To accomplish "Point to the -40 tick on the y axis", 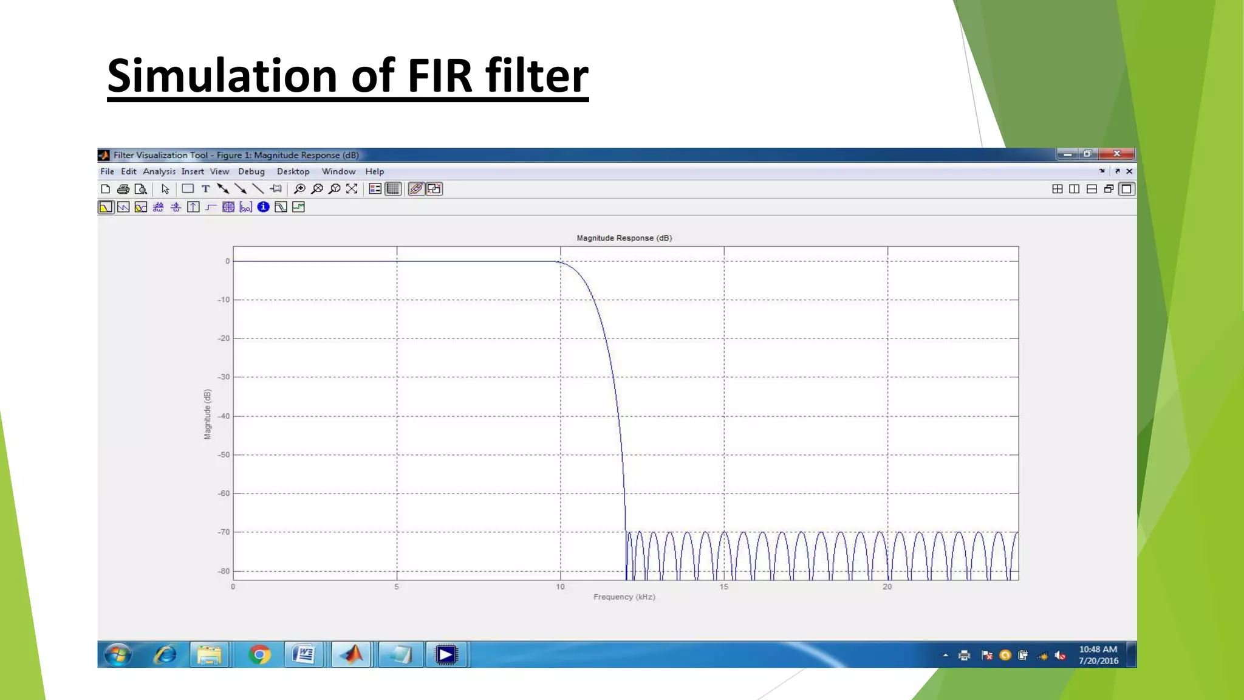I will [x=225, y=416].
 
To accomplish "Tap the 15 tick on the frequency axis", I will [x=723, y=587].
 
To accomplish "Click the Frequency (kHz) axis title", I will [x=624, y=597].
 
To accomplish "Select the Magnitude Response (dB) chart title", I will [x=624, y=238].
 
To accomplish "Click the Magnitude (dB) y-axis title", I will [x=208, y=414].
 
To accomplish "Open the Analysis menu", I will [x=159, y=172].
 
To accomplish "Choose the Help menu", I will [x=374, y=172].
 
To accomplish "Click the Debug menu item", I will [x=251, y=172].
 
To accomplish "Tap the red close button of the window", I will [x=1116, y=154].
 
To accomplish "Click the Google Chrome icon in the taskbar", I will [x=259, y=654].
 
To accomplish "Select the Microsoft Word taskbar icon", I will [x=303, y=654].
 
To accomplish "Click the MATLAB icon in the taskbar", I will [x=351, y=654].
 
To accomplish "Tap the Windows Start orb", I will [x=118, y=655].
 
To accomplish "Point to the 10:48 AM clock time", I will [x=1098, y=650].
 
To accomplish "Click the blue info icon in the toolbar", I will [x=263, y=207].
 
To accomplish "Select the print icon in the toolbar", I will [x=123, y=189].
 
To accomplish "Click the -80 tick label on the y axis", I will [x=224, y=571].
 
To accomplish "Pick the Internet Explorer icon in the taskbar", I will [x=165, y=654].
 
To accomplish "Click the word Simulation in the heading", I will [x=222, y=76].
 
